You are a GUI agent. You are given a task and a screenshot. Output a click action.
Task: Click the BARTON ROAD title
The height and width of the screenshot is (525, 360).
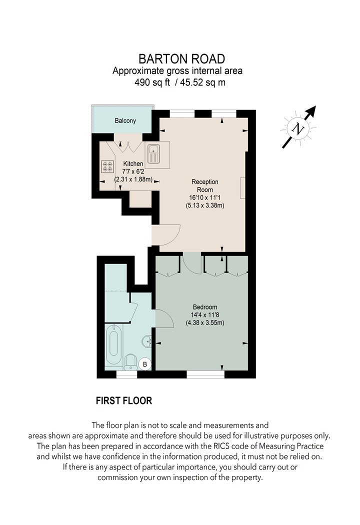[x=181, y=59]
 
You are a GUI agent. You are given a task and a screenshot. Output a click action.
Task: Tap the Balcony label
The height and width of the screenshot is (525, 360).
[x=125, y=120]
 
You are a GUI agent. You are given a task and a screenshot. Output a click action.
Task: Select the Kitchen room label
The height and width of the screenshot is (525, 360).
[x=133, y=163]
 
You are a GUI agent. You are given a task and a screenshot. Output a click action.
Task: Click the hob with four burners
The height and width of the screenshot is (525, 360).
[x=108, y=166]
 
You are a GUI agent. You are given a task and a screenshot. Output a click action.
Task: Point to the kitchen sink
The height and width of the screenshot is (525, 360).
[x=153, y=154]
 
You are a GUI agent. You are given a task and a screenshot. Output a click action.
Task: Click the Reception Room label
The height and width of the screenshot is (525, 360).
[x=205, y=185]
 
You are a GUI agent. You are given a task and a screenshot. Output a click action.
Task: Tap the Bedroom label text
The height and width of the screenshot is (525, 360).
[x=205, y=307]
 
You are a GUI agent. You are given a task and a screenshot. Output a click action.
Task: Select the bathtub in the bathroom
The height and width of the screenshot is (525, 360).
[x=113, y=344]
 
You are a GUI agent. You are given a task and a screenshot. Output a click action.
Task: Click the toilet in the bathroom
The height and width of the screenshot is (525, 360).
[x=130, y=362]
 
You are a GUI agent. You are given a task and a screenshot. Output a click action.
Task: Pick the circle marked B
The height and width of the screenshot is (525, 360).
[x=145, y=364]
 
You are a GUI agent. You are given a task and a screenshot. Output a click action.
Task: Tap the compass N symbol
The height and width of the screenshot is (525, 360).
[x=298, y=128]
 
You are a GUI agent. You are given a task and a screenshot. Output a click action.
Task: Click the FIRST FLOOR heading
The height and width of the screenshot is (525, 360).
[x=124, y=400]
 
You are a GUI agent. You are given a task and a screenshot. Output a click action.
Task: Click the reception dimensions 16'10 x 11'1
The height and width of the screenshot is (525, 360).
[x=205, y=197]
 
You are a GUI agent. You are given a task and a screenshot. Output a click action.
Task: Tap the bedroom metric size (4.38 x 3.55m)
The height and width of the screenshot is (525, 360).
[x=205, y=323]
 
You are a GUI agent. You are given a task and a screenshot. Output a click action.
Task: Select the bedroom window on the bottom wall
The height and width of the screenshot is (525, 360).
[x=205, y=374]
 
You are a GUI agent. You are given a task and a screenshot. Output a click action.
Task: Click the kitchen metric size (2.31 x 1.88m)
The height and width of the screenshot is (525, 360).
[x=133, y=179]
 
